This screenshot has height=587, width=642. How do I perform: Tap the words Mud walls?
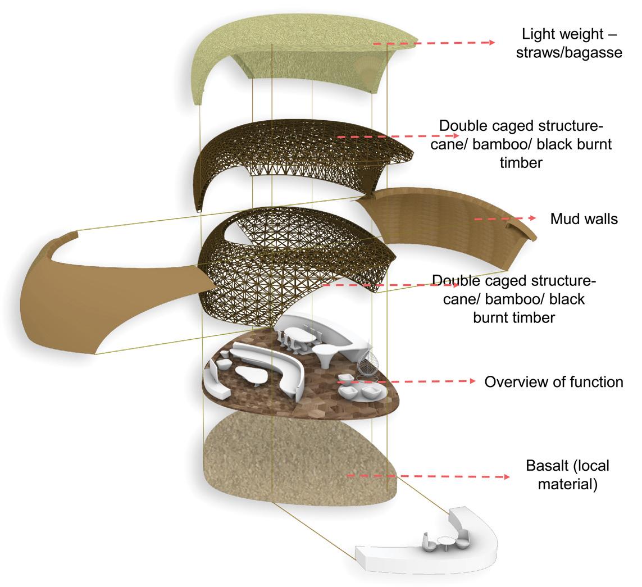coord(584,219)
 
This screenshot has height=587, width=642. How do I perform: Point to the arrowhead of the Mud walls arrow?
coord(532,218)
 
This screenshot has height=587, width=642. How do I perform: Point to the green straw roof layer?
coord(298,45)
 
